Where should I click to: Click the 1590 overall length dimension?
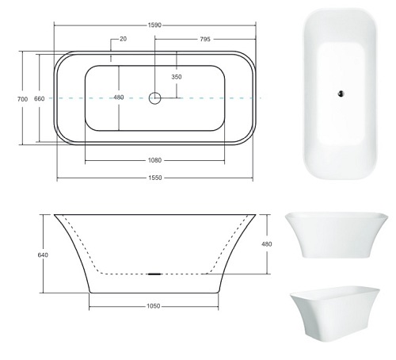pyautogui.click(x=154, y=25)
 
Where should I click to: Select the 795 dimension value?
pyautogui.click(x=204, y=38)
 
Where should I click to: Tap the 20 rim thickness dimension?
pyautogui.click(x=123, y=38)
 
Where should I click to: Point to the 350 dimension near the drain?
pyautogui.click(x=176, y=77)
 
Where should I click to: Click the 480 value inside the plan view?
pyautogui.click(x=119, y=98)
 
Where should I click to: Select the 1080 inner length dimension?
pyautogui.click(x=155, y=160)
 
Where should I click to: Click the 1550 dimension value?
pyautogui.click(x=155, y=178)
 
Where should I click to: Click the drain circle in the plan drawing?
pyautogui.click(x=155, y=98)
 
